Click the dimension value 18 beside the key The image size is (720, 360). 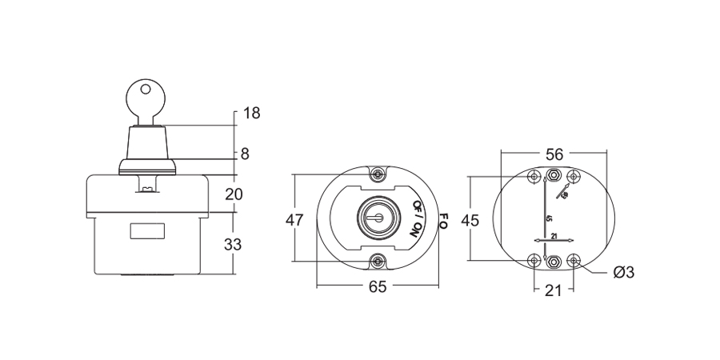[x=251, y=113]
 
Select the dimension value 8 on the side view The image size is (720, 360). [x=245, y=153]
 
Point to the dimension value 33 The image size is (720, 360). [x=233, y=245]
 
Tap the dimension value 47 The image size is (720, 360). [x=294, y=221]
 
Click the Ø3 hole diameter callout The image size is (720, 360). [x=623, y=273]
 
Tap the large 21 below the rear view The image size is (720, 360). [x=554, y=291]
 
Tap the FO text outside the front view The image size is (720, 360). [x=444, y=220]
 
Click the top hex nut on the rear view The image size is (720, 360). [x=554, y=176]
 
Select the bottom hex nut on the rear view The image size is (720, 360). [x=554, y=260]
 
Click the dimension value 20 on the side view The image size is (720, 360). [x=234, y=193]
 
